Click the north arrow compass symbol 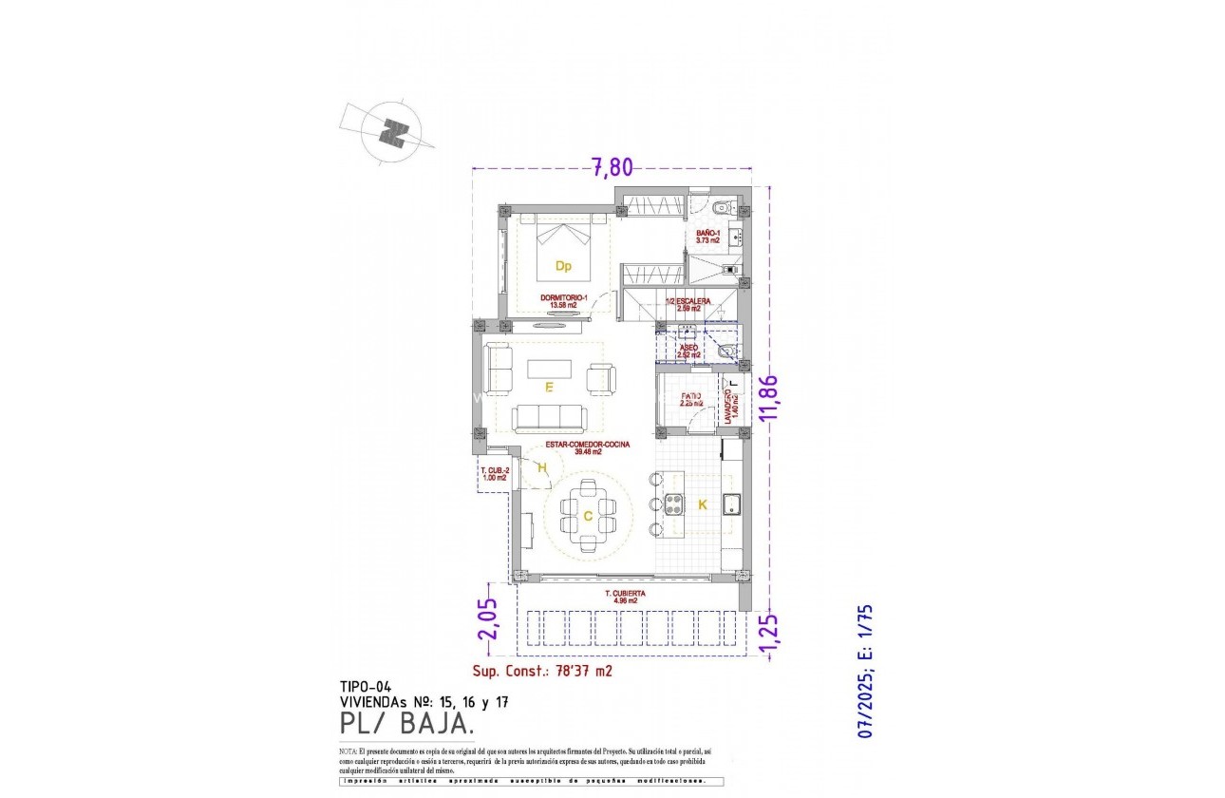coord(392,132)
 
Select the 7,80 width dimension coord(612,167)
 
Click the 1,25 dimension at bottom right coord(769,635)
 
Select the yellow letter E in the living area coord(549,388)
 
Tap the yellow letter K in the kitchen coord(703,505)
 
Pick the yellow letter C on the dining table coord(588,516)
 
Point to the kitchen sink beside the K coord(731,504)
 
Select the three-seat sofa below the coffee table coord(548,418)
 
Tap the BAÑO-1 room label coord(707,237)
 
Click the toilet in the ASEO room coord(727,352)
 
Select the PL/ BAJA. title coord(407,725)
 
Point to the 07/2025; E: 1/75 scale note coord(865,672)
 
